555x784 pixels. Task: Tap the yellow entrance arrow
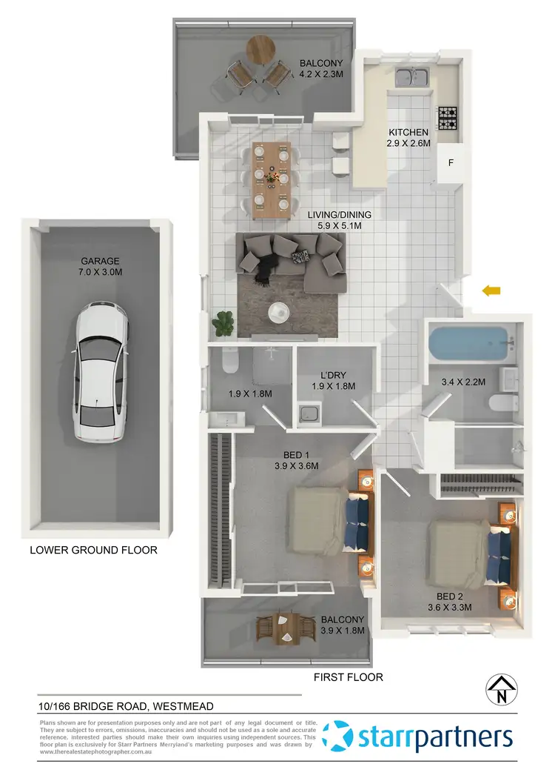point(490,291)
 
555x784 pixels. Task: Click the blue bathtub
point(471,343)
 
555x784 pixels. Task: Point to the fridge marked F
point(451,162)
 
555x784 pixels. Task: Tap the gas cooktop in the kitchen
point(448,116)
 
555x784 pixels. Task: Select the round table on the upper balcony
point(260,50)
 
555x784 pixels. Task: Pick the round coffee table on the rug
point(279,312)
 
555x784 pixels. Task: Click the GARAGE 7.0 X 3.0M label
point(101,266)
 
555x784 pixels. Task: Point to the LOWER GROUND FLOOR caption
point(93,551)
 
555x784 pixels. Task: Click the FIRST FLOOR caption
point(348,677)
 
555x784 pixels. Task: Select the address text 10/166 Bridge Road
point(126,707)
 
